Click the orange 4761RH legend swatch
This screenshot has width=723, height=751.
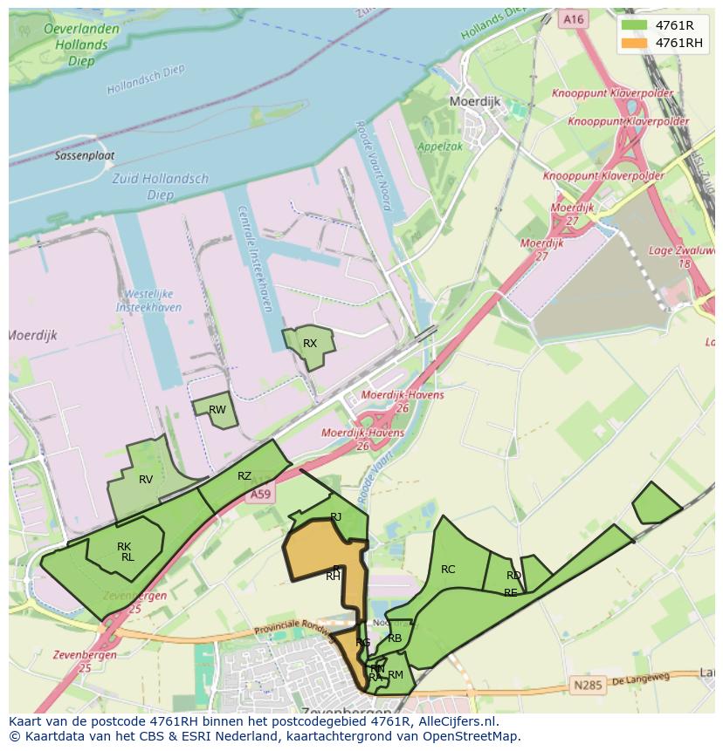(x=634, y=43)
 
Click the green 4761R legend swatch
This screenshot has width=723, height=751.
(x=634, y=25)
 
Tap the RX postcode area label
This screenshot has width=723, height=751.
(x=310, y=344)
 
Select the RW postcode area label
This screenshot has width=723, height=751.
(x=217, y=410)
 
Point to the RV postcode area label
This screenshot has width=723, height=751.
(x=146, y=480)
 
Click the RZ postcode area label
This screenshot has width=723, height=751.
(x=244, y=476)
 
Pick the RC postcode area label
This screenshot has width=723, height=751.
(x=448, y=570)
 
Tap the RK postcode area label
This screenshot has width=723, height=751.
(x=124, y=547)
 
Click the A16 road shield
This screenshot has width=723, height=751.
(x=573, y=19)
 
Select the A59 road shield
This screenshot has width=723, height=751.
(x=260, y=495)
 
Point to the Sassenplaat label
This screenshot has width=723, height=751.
(x=85, y=156)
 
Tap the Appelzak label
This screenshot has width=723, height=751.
(x=440, y=147)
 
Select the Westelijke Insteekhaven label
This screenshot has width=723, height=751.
(x=149, y=301)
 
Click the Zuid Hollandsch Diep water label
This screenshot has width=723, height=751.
(x=162, y=187)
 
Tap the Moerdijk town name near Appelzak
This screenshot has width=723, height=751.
(x=474, y=101)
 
